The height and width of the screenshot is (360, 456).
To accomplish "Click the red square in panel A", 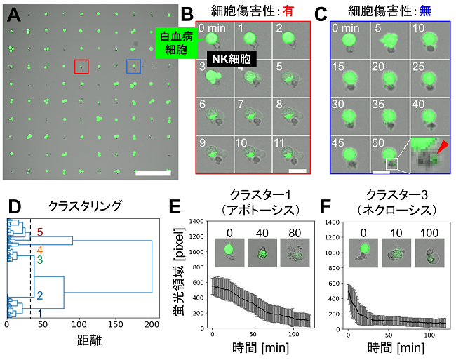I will (x=81, y=67).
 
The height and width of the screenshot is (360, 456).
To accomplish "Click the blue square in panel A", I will (x=133, y=67).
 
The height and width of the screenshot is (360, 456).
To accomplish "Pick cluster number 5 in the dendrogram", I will (x=41, y=232).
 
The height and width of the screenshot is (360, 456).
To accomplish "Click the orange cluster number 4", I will (x=41, y=249).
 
